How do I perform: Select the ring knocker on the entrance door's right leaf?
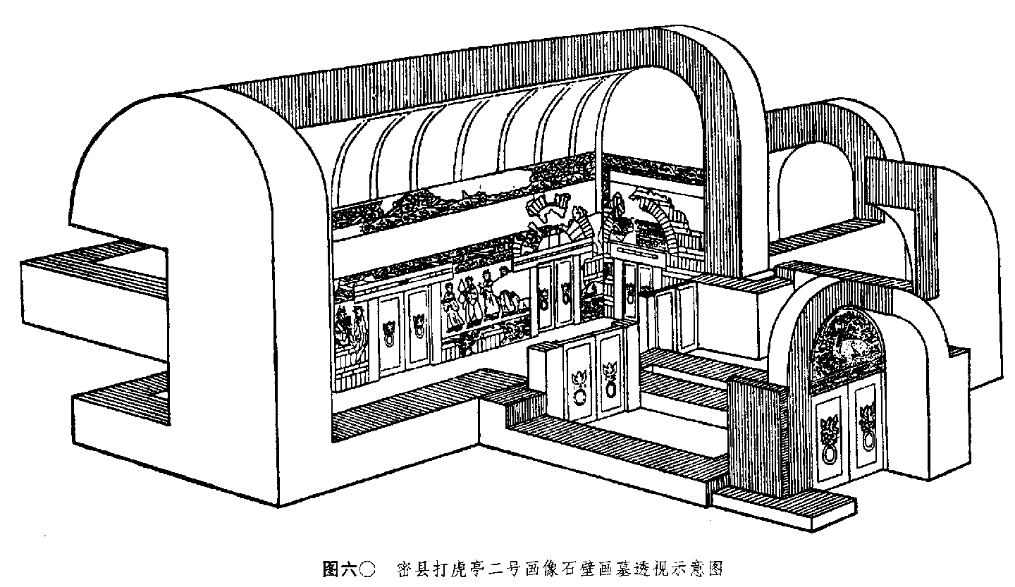pyautogui.click(x=867, y=440)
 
